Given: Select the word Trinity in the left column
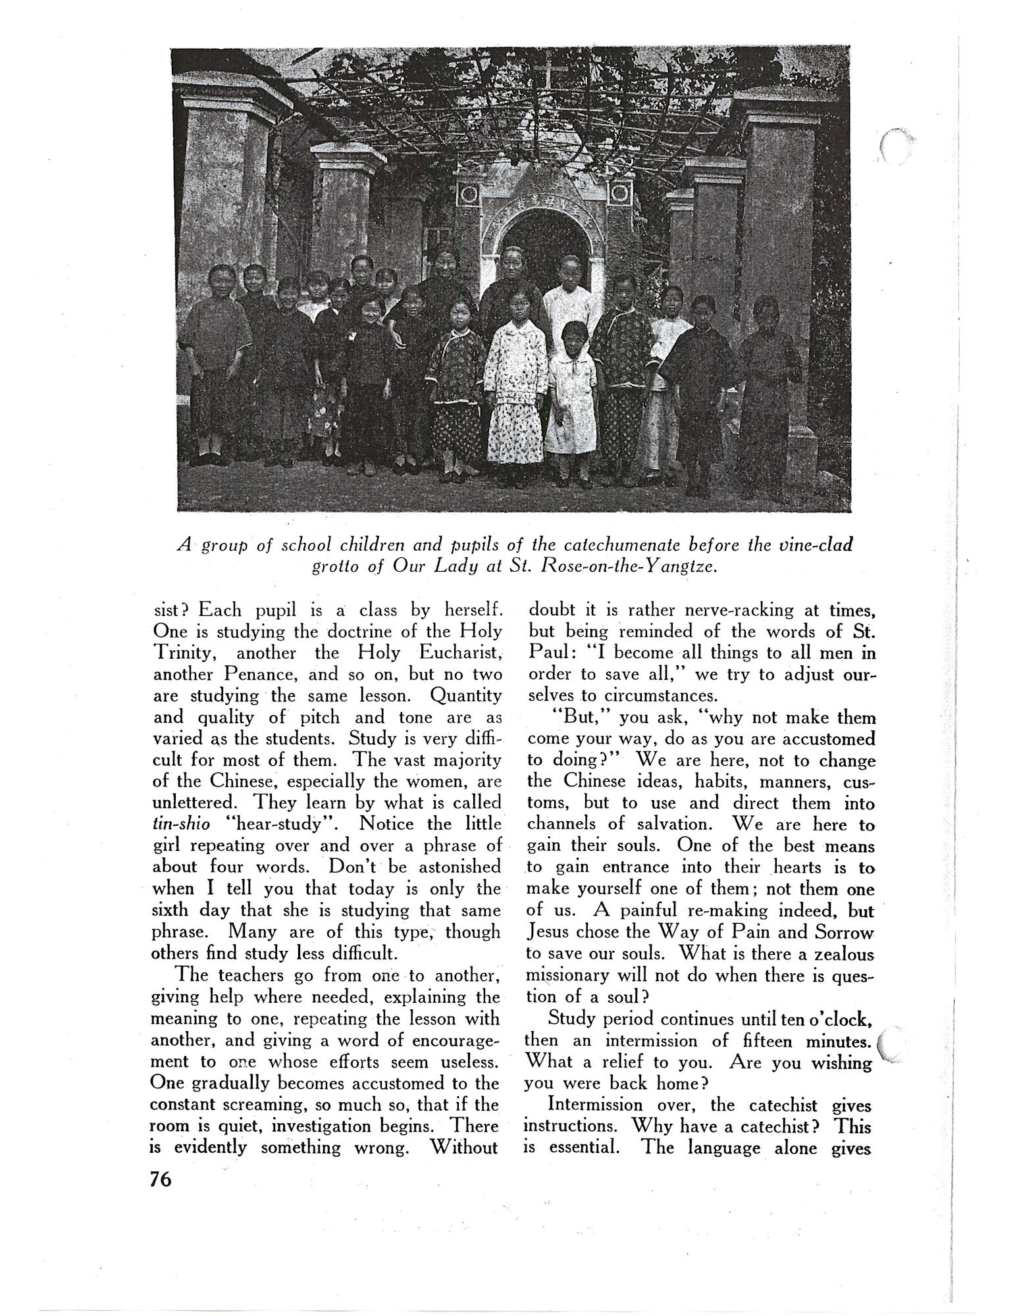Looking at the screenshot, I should [180, 654].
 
